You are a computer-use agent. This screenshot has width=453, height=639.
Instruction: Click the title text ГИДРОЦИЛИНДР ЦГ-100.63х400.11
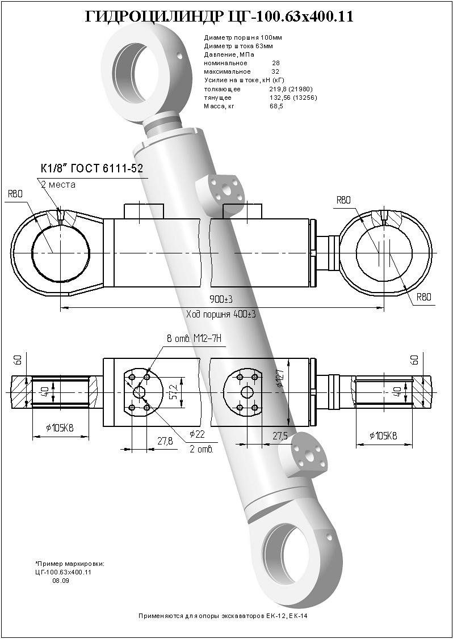click(219, 17)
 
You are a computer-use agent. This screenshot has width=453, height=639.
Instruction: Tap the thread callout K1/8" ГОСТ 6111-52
click(91, 168)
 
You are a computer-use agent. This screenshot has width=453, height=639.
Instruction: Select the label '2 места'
click(58, 184)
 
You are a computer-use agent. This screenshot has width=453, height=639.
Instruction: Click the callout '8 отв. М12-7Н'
click(192, 338)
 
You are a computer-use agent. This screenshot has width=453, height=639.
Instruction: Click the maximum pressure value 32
click(275, 72)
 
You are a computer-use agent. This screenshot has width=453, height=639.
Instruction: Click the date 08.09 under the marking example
click(61, 581)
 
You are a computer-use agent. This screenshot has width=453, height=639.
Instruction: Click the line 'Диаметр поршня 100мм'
click(242, 37)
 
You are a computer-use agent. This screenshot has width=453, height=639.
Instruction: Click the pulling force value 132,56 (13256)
click(293, 98)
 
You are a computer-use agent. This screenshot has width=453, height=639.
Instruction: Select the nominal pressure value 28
click(276, 63)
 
